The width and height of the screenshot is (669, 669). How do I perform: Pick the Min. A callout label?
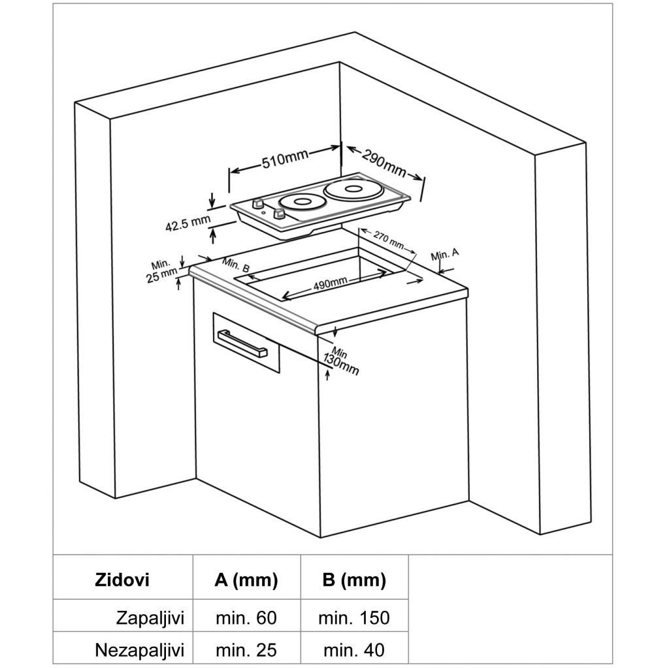pyautogui.click(x=446, y=253)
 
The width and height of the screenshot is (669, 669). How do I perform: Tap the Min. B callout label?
pyautogui.click(x=235, y=266)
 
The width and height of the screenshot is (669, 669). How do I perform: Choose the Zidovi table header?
pyautogui.click(x=122, y=579)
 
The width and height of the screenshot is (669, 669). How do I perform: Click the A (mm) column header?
pyautogui.click(x=246, y=579)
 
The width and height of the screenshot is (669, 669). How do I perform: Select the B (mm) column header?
pyautogui.click(x=353, y=579)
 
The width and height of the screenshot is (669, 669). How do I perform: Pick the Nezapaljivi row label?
pyautogui.click(x=140, y=650)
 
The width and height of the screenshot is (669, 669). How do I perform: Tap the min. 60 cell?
pyautogui.click(x=246, y=617)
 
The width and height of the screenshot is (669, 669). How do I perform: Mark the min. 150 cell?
pyautogui.click(x=353, y=617)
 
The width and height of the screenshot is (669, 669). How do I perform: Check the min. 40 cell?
pyautogui.click(x=353, y=650)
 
